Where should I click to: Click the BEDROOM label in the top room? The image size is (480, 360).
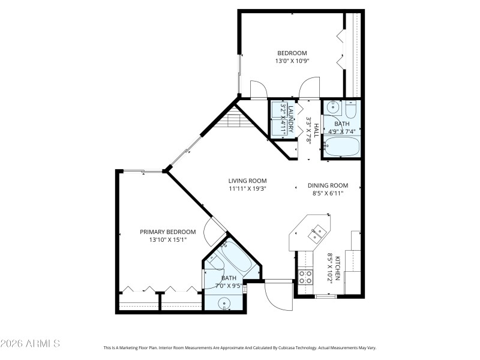tap(292, 53)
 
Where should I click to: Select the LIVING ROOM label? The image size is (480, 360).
tap(247, 181)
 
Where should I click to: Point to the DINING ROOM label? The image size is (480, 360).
tap(328, 185)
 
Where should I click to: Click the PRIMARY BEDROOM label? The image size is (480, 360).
tap(168, 232)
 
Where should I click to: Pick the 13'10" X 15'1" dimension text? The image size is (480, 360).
tap(168, 240)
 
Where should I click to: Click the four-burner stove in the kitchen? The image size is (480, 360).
tap(305, 277)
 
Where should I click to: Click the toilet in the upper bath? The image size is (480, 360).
tap(350, 109)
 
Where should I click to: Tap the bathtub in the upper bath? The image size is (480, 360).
tap(342, 146)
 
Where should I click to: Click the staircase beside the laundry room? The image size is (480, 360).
tap(232, 122)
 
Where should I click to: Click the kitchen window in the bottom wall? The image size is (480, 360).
tap(326, 296)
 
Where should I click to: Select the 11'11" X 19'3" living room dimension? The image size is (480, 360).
tap(247, 188)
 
